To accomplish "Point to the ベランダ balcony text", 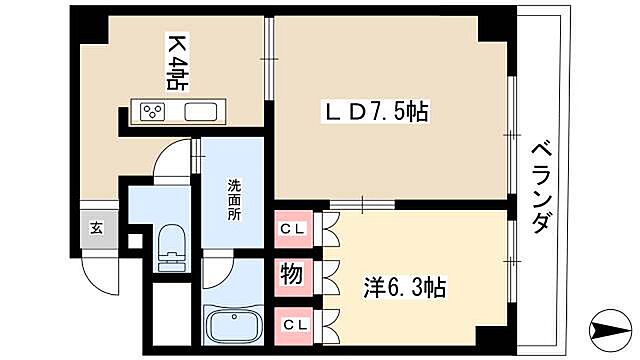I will [540, 186].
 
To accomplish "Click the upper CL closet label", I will [292, 230].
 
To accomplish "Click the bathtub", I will [233, 326].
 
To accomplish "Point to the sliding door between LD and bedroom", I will [347, 205].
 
